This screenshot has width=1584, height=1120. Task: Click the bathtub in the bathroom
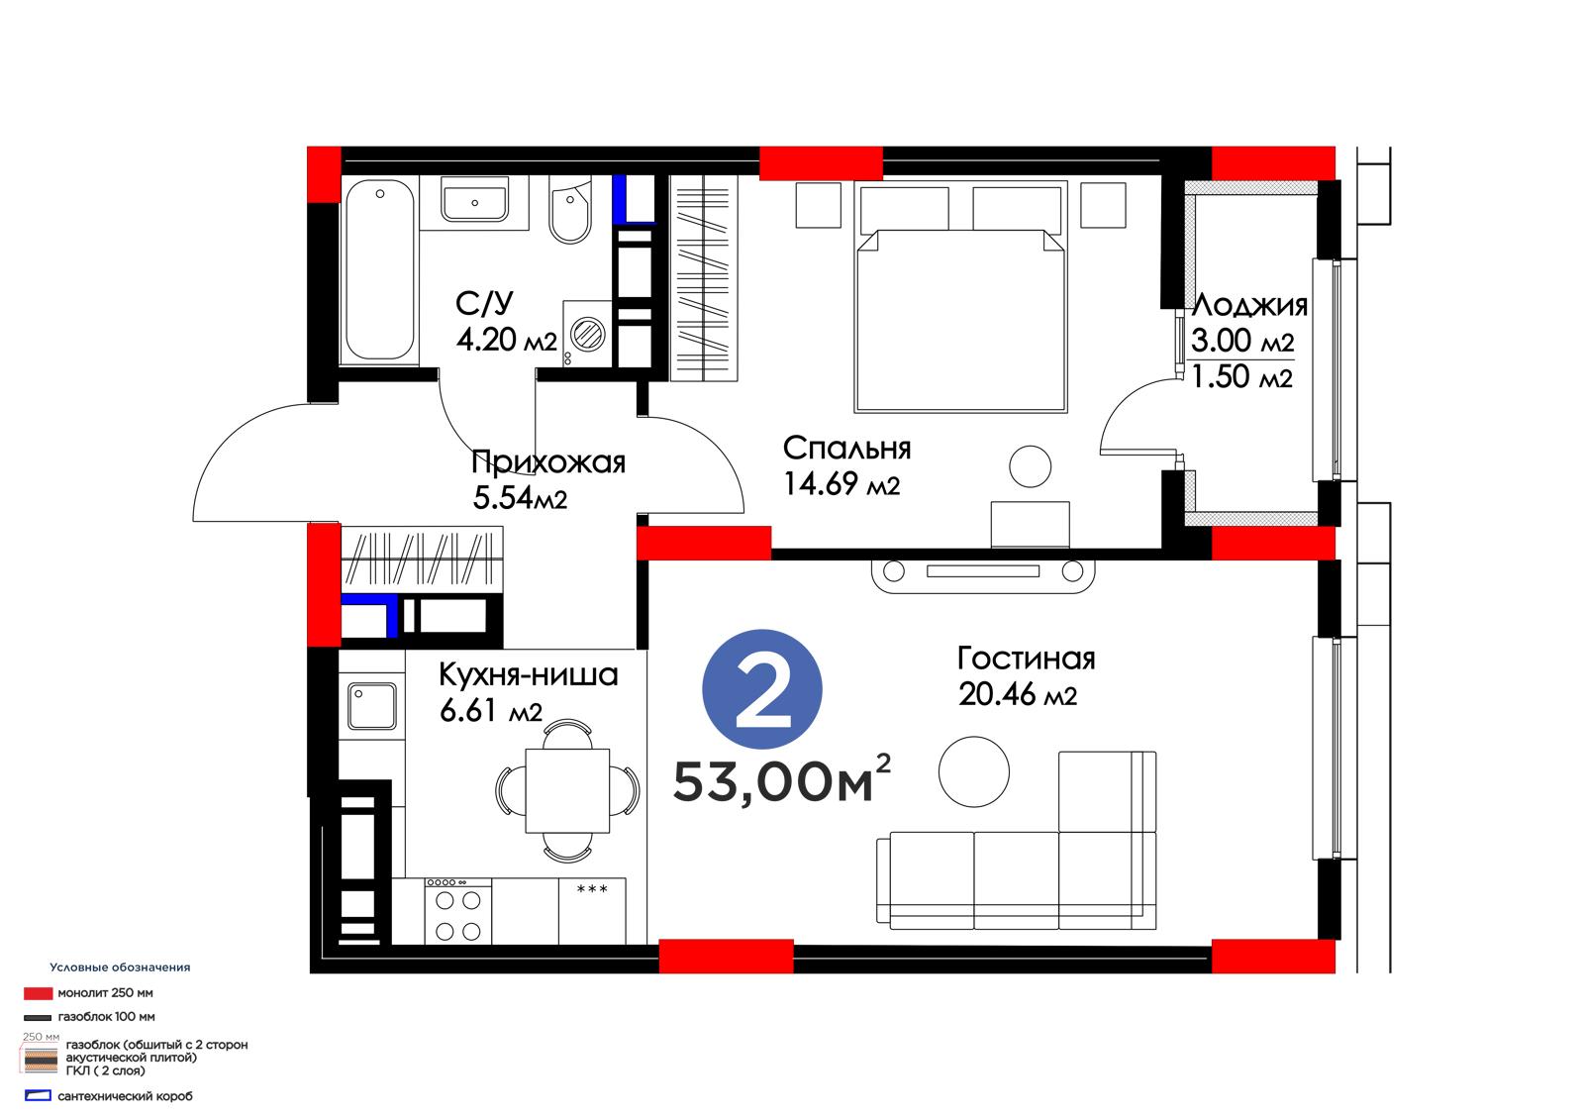tap(379, 271)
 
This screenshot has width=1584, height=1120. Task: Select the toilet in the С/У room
tap(570, 211)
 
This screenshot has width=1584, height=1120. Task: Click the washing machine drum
tap(587, 334)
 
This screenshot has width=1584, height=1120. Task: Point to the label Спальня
tap(846, 448)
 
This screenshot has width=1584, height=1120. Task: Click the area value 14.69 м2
tap(841, 484)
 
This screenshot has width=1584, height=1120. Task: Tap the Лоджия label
tap(1249, 305)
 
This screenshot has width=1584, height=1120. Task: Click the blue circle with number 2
tap(762, 689)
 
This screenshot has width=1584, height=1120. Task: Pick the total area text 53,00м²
tap(781, 779)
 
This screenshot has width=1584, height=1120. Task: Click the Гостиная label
tap(1026, 659)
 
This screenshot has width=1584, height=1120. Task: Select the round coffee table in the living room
tap(974, 771)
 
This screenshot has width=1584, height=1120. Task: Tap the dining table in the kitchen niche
tap(567, 790)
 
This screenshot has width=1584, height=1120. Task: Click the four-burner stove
tap(457, 911)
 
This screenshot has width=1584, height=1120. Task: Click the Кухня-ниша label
tap(529, 674)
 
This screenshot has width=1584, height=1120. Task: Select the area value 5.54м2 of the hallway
tap(520, 498)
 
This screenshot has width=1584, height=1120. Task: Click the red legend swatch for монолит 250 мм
tap(39, 993)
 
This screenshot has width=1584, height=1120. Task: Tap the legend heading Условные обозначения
tap(120, 967)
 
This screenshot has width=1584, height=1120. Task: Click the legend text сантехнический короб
tap(125, 1096)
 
